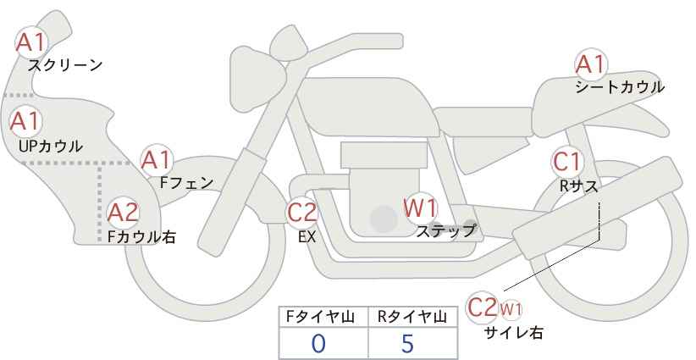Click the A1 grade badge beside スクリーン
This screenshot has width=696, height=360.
click(x=33, y=42)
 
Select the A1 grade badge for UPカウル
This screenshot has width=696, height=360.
click(x=25, y=121)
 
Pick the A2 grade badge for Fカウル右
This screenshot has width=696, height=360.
click(x=123, y=212)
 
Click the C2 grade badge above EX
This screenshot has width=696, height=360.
click(x=302, y=212)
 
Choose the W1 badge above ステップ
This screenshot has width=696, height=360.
click(x=420, y=207)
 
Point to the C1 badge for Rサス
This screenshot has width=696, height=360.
click(x=566, y=161)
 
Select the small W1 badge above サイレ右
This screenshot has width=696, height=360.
click(x=511, y=307)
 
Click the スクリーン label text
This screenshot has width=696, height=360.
click(x=65, y=65)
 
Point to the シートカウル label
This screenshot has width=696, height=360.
click(x=620, y=87)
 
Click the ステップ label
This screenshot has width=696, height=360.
click(x=446, y=230)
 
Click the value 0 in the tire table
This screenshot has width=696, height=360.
click(x=318, y=343)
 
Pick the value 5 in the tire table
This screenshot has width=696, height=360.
click(x=407, y=343)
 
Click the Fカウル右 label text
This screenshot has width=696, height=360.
click(x=141, y=237)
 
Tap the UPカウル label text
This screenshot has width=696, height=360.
click(x=51, y=146)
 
